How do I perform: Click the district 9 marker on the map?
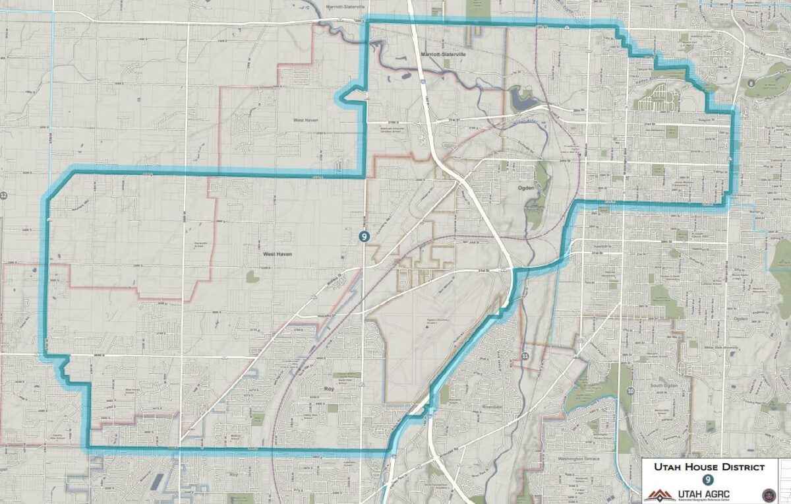click(364, 236)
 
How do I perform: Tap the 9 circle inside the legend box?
click(708, 481)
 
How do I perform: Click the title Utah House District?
click(709, 467)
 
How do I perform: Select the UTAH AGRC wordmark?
click(704, 494)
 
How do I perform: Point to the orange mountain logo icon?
click(659, 495)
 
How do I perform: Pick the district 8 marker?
click(750, 84)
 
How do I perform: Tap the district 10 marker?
click(631, 391)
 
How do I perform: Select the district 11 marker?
click(525, 356)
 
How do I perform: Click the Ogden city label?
click(525, 188)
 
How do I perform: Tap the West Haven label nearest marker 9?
click(278, 253)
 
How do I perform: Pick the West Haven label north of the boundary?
click(306, 120)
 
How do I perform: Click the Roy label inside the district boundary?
click(330, 389)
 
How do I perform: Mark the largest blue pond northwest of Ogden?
click(520, 100)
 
